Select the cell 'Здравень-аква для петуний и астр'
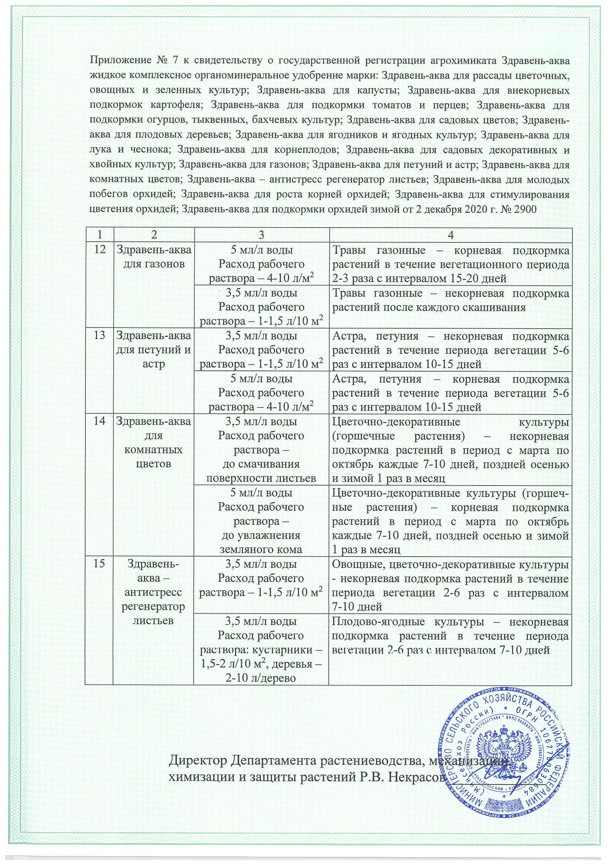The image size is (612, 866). (x=154, y=350)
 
